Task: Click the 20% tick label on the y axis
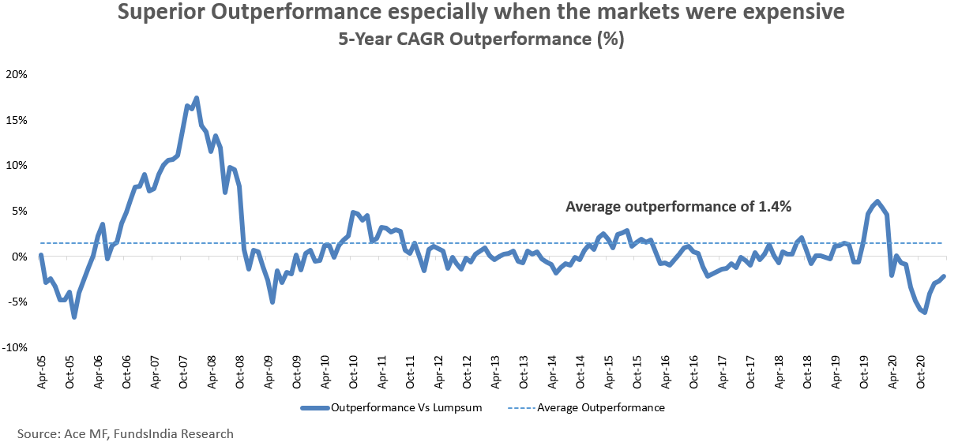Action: point(17,74)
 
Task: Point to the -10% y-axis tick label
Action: point(15,348)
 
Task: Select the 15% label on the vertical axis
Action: point(17,120)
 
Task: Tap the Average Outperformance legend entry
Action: point(600,408)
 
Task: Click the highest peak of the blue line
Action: point(196,98)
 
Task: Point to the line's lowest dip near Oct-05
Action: point(74,317)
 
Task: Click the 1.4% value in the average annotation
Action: point(776,208)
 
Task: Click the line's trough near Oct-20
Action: point(925,313)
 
